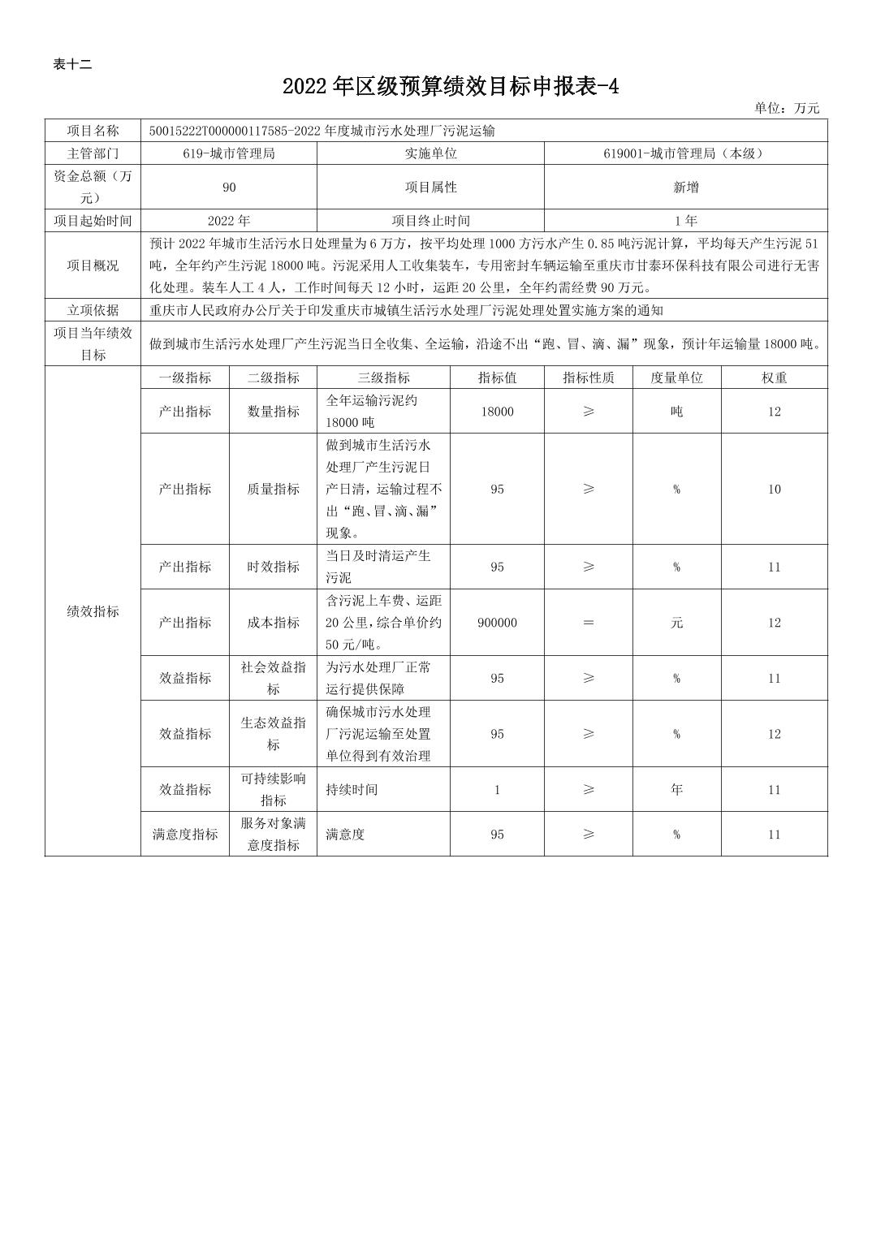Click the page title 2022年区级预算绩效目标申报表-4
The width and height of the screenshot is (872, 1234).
[x=451, y=87]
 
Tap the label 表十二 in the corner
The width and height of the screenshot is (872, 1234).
[x=72, y=65]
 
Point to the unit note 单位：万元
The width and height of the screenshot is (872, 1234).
[x=786, y=108]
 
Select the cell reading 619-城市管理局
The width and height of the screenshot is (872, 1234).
[x=229, y=153]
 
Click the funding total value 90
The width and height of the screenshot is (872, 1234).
[x=229, y=188]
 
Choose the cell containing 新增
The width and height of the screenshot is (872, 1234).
[x=685, y=188]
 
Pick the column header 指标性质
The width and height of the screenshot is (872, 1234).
[x=589, y=378]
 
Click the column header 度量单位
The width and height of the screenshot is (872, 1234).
[x=676, y=378]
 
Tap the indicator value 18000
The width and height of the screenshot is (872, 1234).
[x=497, y=412]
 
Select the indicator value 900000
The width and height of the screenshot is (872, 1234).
[x=497, y=623]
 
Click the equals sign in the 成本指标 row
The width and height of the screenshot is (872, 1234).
[x=589, y=623]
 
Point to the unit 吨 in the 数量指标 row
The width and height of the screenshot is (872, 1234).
[x=676, y=412]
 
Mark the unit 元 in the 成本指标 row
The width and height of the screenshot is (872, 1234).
[x=676, y=623]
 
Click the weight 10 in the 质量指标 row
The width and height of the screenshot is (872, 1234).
[x=774, y=489]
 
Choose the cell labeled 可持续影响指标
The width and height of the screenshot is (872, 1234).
[x=273, y=789]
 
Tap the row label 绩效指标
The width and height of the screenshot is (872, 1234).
[x=93, y=611]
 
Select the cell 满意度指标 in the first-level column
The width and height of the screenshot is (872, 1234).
[x=185, y=835]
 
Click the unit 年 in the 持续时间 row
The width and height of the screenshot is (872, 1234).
[x=676, y=789]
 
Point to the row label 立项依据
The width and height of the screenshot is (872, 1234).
[x=93, y=310]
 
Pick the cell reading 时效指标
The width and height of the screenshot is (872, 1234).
[x=273, y=567]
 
